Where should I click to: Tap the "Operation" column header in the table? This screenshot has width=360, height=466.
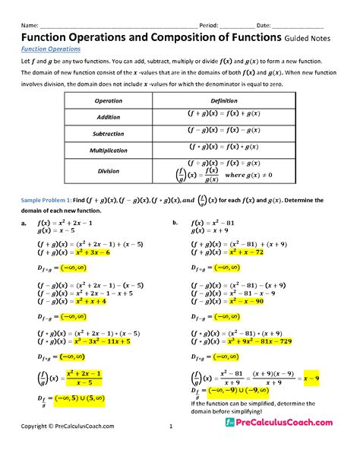tap(108, 100)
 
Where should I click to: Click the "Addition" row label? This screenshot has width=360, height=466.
tap(108, 117)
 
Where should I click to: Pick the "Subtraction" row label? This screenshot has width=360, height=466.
tap(108, 134)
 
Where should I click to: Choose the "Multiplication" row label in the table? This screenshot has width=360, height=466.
tap(108, 151)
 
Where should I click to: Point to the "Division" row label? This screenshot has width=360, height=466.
tap(108, 171)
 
